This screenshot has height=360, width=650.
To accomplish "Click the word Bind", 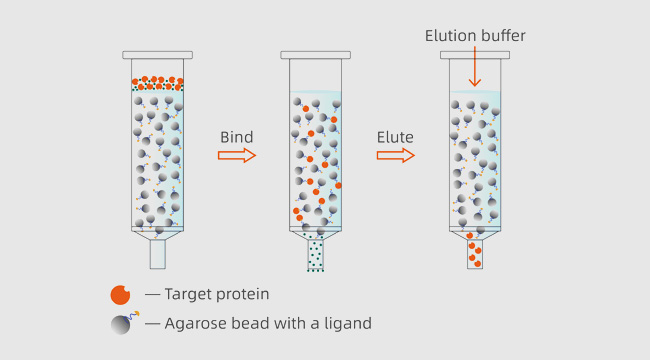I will [x=236, y=137].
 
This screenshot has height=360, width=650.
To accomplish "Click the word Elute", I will [x=395, y=137].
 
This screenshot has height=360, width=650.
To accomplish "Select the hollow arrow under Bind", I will [x=237, y=155].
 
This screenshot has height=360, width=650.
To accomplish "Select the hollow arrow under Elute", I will [x=395, y=155].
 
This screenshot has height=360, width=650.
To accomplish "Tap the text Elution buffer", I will [x=475, y=36].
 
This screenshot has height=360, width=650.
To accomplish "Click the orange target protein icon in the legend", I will [x=120, y=295].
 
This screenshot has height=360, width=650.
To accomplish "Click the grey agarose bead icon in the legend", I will [x=120, y=324].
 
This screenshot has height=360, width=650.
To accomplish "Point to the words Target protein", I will [x=216, y=294].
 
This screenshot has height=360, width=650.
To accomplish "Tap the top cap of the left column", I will [x=157, y=55].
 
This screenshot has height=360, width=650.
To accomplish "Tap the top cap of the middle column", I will [x=316, y=55].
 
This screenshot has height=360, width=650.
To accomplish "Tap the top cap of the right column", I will [x=475, y=55].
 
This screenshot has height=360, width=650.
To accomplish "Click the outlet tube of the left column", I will [x=157, y=254].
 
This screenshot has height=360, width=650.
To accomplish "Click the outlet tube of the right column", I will [x=475, y=254].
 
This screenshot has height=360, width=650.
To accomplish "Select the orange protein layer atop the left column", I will [x=157, y=83].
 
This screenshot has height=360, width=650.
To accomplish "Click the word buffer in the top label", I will [x=502, y=36].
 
